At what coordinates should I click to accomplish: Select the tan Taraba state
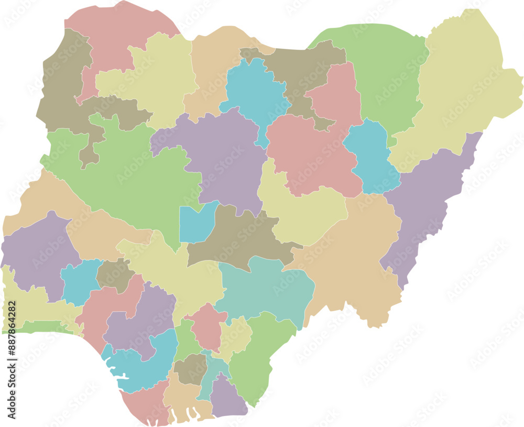tap(351, 262)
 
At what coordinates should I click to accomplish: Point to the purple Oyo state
tap(37, 251)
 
